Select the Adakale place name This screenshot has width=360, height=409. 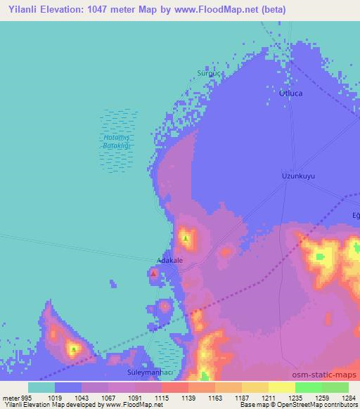click(x=169, y=260)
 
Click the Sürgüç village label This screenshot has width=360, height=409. click(x=209, y=73)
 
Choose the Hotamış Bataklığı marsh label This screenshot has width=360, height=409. click(x=114, y=141)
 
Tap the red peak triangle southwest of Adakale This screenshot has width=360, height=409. click(x=154, y=273)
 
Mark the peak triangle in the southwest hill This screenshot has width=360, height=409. click(x=73, y=349)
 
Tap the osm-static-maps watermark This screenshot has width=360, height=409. click(x=324, y=375)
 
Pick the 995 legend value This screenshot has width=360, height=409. click(x=26, y=398)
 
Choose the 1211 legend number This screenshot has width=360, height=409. click(x=268, y=398)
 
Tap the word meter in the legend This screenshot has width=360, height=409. click(x=10, y=398)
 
